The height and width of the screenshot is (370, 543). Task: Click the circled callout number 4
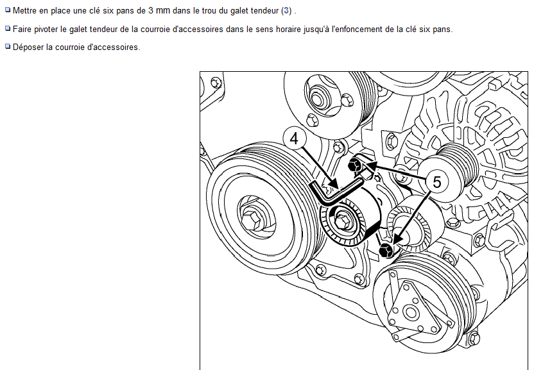coord(295,139)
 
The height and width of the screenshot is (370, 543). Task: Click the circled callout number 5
coord(436,181)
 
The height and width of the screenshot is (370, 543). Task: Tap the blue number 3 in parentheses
coord(286,11)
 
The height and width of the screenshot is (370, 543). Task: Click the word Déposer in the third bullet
coord(28,47)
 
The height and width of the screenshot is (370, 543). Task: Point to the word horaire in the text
coord(288,29)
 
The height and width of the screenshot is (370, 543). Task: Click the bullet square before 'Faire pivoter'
coord(8,28)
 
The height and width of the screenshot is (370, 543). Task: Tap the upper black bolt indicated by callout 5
coord(356,165)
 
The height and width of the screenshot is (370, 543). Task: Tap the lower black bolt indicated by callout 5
coord(386,250)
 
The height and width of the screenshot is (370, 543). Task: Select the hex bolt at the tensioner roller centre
coord(343,221)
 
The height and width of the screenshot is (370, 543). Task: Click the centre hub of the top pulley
coord(318,98)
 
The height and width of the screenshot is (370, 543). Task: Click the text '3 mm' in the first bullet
coord(159,11)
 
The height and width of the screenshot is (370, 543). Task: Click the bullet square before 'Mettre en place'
coord(8,10)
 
